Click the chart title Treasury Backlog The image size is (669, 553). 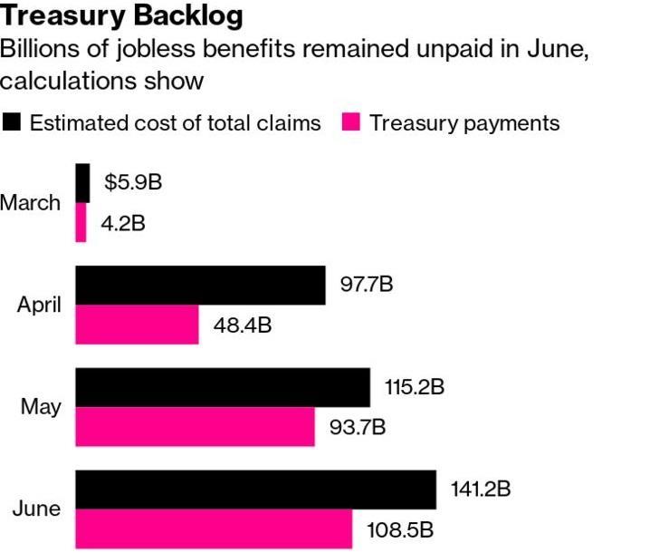click(x=122, y=16)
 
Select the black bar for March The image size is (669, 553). click(x=82, y=183)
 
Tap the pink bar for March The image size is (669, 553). click(x=81, y=222)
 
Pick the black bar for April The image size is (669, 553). click(x=200, y=286)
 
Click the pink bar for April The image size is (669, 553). click(x=137, y=325)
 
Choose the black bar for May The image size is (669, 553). click(x=223, y=387)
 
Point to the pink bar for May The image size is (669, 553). click(x=195, y=426)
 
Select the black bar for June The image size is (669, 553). click(x=255, y=490)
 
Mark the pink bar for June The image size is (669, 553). click(x=214, y=529)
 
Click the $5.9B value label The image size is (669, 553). click(x=133, y=182)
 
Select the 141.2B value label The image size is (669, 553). click(x=481, y=490)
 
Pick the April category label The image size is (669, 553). click(x=39, y=306)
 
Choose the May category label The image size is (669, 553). click(x=41, y=407)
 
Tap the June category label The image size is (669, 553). click(x=37, y=509)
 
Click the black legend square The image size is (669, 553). click(x=12, y=123)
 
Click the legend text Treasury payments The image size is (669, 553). click(x=464, y=123)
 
